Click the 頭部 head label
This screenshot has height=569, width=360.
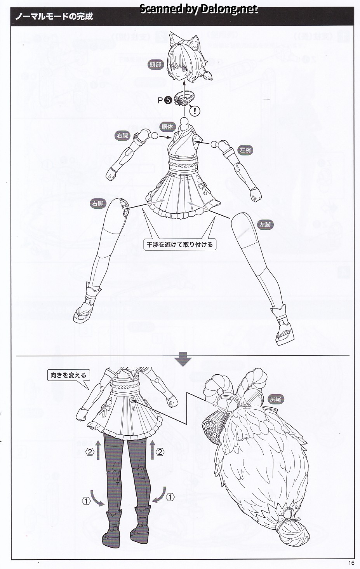click(155, 65)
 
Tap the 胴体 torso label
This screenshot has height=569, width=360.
click(167, 126)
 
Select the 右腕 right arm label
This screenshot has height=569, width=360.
click(122, 136)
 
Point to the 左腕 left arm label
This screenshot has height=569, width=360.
click(245, 150)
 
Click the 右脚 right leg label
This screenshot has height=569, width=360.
click(98, 204)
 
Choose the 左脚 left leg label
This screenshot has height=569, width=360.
click(265, 225)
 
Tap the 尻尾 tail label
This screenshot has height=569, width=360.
click(275, 399)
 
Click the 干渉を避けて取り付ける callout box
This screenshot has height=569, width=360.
click(180, 244)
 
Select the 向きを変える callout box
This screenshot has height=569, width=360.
click(69, 375)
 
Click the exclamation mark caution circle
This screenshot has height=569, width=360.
click(195, 111)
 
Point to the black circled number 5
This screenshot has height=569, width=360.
click(168, 100)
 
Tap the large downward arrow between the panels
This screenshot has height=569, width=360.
click(183, 359)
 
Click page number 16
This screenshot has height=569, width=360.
click(351, 562)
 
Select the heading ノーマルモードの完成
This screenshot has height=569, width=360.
click(54, 16)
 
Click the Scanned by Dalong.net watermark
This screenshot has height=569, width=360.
click(198, 9)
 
